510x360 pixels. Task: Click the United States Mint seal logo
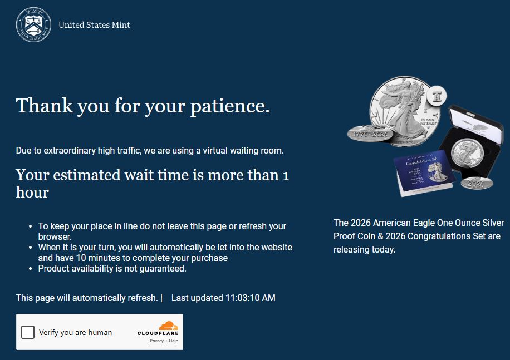(x=33, y=25)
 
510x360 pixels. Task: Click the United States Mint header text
(x=94, y=25)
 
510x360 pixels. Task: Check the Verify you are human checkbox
(x=28, y=332)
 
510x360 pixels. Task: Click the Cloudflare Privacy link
(x=156, y=341)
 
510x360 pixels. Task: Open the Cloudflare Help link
(x=173, y=341)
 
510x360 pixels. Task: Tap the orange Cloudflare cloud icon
(x=168, y=326)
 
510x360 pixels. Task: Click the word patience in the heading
(x=230, y=106)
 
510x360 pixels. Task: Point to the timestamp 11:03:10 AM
(x=251, y=298)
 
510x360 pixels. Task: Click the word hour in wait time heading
(x=32, y=192)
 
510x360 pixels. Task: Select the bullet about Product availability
(x=112, y=269)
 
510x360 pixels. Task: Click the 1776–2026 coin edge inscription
(x=371, y=134)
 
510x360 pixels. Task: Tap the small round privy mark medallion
(x=437, y=96)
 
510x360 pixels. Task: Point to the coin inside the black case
(x=467, y=152)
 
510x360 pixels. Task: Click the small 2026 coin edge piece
(x=477, y=184)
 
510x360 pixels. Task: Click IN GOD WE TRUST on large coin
(x=428, y=122)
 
